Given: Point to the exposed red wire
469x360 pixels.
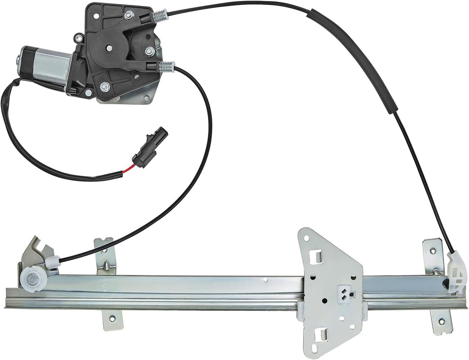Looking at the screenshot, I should [x=128, y=171].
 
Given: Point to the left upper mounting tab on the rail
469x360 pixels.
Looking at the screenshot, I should [x=105, y=254].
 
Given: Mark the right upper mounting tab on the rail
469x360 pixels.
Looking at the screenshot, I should [x=433, y=254].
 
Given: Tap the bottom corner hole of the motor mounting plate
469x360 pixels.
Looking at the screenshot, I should [x=146, y=98].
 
